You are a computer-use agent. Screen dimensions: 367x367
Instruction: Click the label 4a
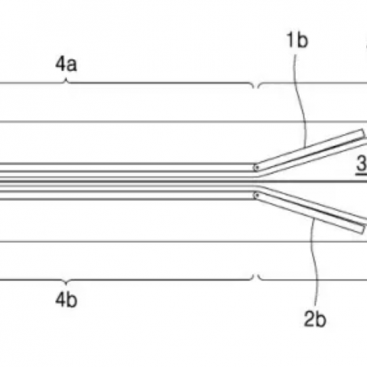click(66, 64)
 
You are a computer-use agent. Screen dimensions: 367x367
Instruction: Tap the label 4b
click(67, 300)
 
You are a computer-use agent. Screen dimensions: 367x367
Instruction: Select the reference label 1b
click(297, 40)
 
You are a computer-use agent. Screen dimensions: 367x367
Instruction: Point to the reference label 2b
click(315, 319)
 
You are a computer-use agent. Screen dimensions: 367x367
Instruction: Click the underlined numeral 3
click(362, 164)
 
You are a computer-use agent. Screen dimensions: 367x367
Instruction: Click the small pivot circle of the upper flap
click(257, 167)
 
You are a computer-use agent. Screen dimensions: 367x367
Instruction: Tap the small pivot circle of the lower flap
click(257, 196)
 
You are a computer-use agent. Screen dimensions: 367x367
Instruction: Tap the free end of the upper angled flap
click(363, 134)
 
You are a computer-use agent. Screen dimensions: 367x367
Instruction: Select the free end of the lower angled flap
click(363, 229)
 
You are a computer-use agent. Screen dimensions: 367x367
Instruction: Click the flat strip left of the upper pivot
click(128, 167)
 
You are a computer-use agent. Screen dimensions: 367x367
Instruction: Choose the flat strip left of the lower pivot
click(128, 196)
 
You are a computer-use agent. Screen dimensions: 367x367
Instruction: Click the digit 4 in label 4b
click(60, 300)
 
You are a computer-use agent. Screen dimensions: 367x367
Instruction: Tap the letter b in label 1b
click(303, 40)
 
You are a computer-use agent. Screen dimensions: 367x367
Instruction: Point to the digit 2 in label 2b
click(310, 319)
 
